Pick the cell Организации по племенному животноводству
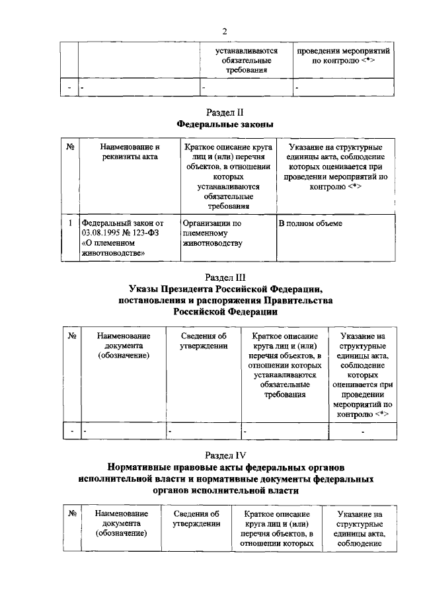pyautogui.click(x=213, y=233)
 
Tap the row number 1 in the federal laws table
pyautogui.click(x=70, y=224)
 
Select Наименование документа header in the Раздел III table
pyautogui.click(x=122, y=346)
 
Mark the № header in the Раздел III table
pyautogui.click(x=70, y=336)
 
